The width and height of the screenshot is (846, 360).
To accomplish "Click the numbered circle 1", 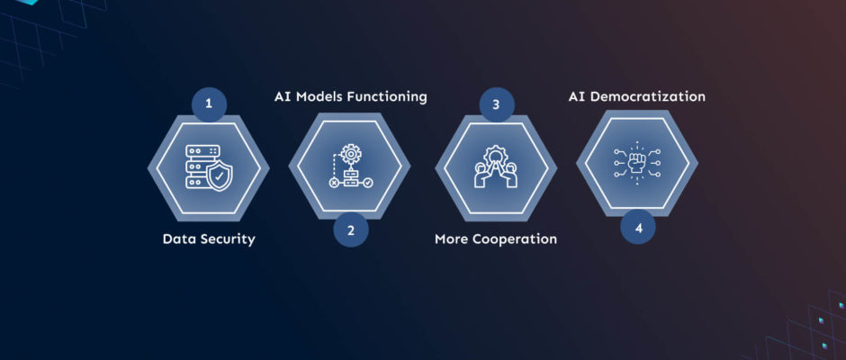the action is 209,104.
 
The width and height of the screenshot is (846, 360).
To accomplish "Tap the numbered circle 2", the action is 351,229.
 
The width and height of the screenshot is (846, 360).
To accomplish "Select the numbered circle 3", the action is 497,104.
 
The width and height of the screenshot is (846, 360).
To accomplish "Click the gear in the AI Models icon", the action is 351,155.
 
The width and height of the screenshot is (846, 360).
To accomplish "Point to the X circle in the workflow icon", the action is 334,183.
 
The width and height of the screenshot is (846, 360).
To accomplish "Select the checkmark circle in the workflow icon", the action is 368,183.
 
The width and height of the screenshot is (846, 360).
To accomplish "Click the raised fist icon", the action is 637,163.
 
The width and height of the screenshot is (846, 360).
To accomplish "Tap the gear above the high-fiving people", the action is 495,156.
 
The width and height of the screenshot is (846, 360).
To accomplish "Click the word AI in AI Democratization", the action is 577,97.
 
